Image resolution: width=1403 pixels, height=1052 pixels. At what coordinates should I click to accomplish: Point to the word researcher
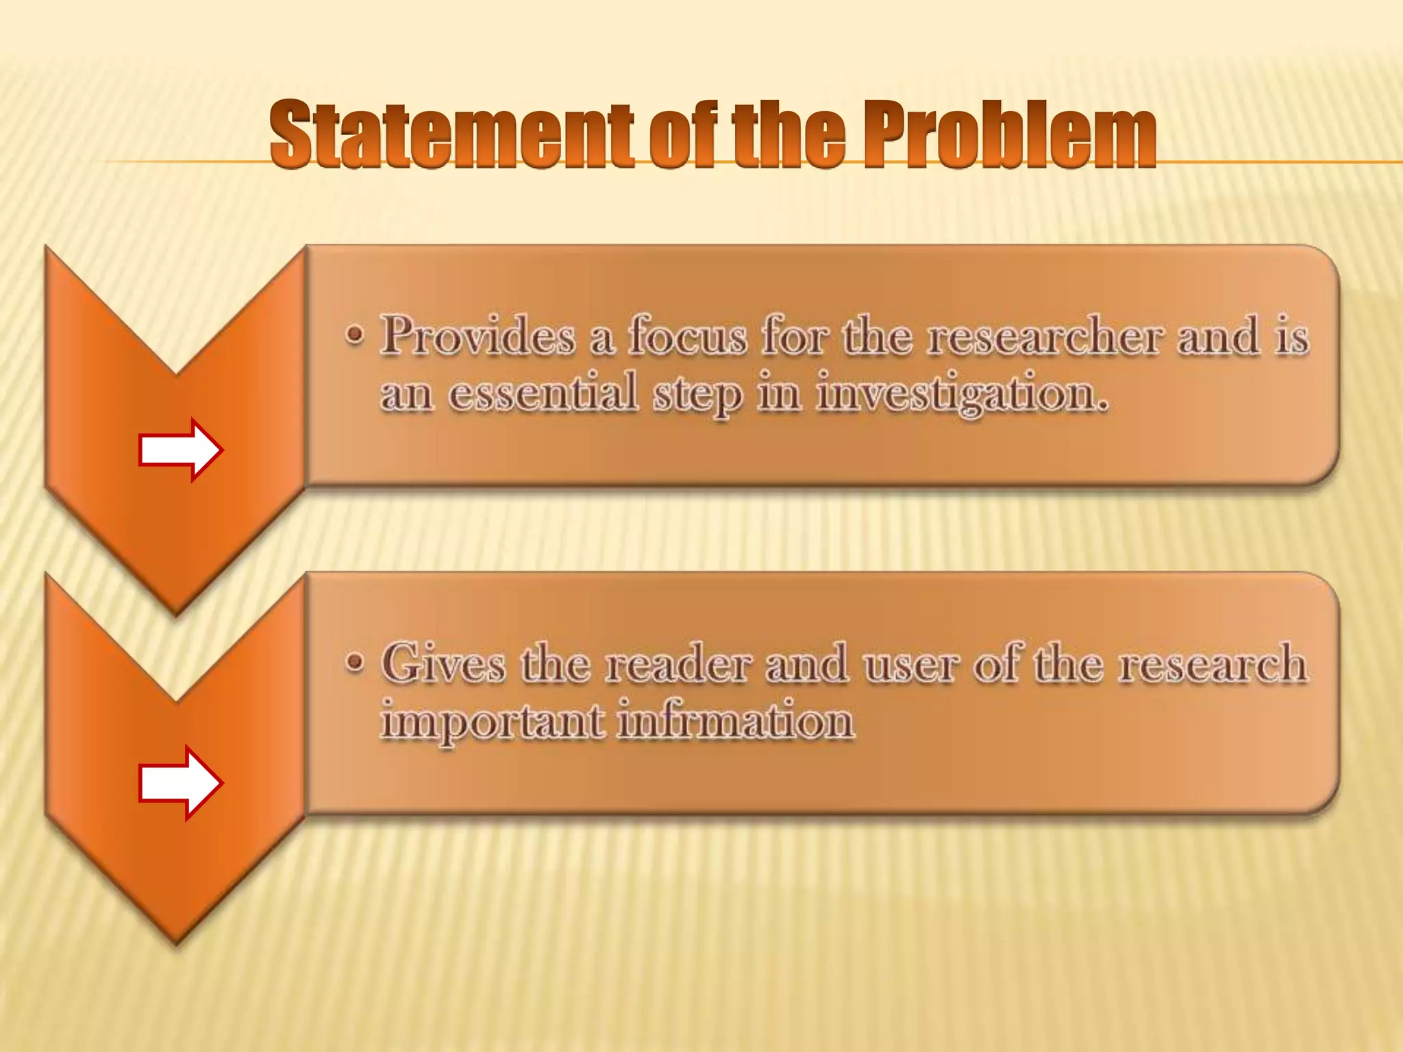pyautogui.click(x=1045, y=336)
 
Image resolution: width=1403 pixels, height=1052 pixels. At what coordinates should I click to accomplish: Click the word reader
pyautogui.click(x=678, y=663)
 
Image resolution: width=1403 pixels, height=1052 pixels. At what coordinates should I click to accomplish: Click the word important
pyautogui.click(x=492, y=722)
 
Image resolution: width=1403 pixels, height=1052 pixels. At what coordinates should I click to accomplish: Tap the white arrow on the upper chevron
pyautogui.click(x=180, y=450)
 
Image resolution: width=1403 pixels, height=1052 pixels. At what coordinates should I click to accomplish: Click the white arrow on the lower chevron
pyautogui.click(x=180, y=783)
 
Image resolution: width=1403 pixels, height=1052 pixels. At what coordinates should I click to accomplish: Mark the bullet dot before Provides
pyautogui.click(x=354, y=336)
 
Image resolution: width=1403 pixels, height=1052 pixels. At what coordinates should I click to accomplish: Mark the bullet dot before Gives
pyautogui.click(x=354, y=663)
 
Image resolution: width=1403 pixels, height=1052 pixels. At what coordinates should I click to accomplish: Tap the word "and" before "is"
pyautogui.click(x=1219, y=336)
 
